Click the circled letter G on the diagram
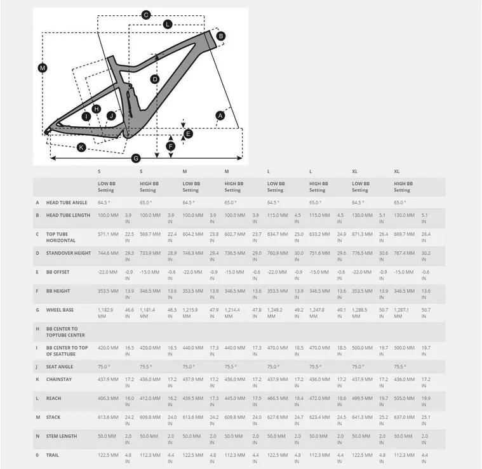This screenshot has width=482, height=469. coord(135,157)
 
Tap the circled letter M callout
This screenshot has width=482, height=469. coord(43,68)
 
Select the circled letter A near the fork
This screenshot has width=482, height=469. coord(220,116)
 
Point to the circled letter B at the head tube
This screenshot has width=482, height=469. coord(221,36)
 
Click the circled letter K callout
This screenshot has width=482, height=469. coord(81,147)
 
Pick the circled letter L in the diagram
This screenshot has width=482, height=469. coord(167,24)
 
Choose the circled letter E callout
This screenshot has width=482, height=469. coord(187,133)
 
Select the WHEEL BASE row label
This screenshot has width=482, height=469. coord(60,310)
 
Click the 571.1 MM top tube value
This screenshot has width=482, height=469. coord(108,234)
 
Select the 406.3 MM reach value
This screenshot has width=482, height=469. coord(108,398)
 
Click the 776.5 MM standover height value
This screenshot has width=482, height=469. coord(362,253)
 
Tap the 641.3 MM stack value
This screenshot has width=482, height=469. coord(362,417)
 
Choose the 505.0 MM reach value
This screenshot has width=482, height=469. coord(405,398)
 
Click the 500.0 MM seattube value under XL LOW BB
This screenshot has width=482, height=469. coord(362,348)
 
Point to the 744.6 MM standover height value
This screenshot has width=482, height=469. coord(108,253)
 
